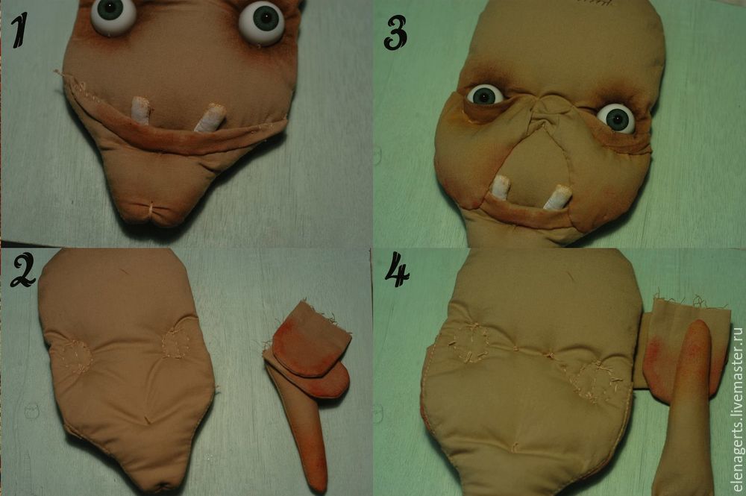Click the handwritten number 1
[19, 30]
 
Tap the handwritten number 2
[22, 270]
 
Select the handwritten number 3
[395, 33]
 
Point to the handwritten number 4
[398, 270]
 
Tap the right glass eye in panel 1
[261, 22]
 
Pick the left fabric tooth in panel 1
[141, 110]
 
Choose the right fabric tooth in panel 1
[210, 118]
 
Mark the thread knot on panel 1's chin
[152, 209]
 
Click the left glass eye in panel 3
[485, 95]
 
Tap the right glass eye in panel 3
[616, 119]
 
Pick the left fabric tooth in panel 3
[501, 187]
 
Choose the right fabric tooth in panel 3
[558, 197]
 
